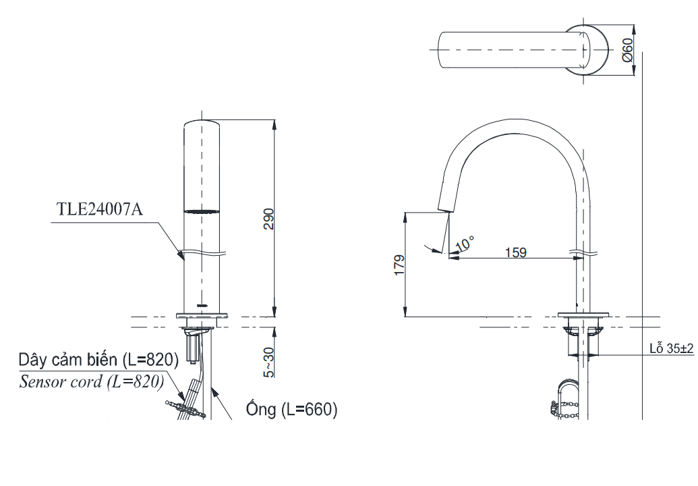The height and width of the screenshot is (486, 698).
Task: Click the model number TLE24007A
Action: [x=100, y=209]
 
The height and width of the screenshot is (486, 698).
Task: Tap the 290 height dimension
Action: [x=269, y=219]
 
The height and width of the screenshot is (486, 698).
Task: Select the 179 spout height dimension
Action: [x=399, y=265]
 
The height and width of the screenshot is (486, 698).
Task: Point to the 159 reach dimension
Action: [x=516, y=252]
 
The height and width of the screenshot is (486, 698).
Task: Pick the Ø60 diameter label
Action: [x=627, y=50]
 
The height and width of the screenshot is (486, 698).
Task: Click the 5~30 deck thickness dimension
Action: [x=269, y=362]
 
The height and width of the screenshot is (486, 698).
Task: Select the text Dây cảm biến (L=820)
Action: [x=98, y=360]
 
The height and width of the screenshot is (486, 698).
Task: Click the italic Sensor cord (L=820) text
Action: [x=91, y=381]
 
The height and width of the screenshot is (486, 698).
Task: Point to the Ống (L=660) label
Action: [x=291, y=408]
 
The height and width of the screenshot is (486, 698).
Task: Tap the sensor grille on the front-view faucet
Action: [x=202, y=211]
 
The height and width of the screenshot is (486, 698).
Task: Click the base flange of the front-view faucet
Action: [x=202, y=315]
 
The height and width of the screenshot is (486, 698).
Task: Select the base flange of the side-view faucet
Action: [x=583, y=315]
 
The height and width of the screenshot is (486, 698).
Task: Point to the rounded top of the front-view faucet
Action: [x=202, y=122]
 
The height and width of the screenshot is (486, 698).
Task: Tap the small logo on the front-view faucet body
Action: [x=202, y=306]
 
